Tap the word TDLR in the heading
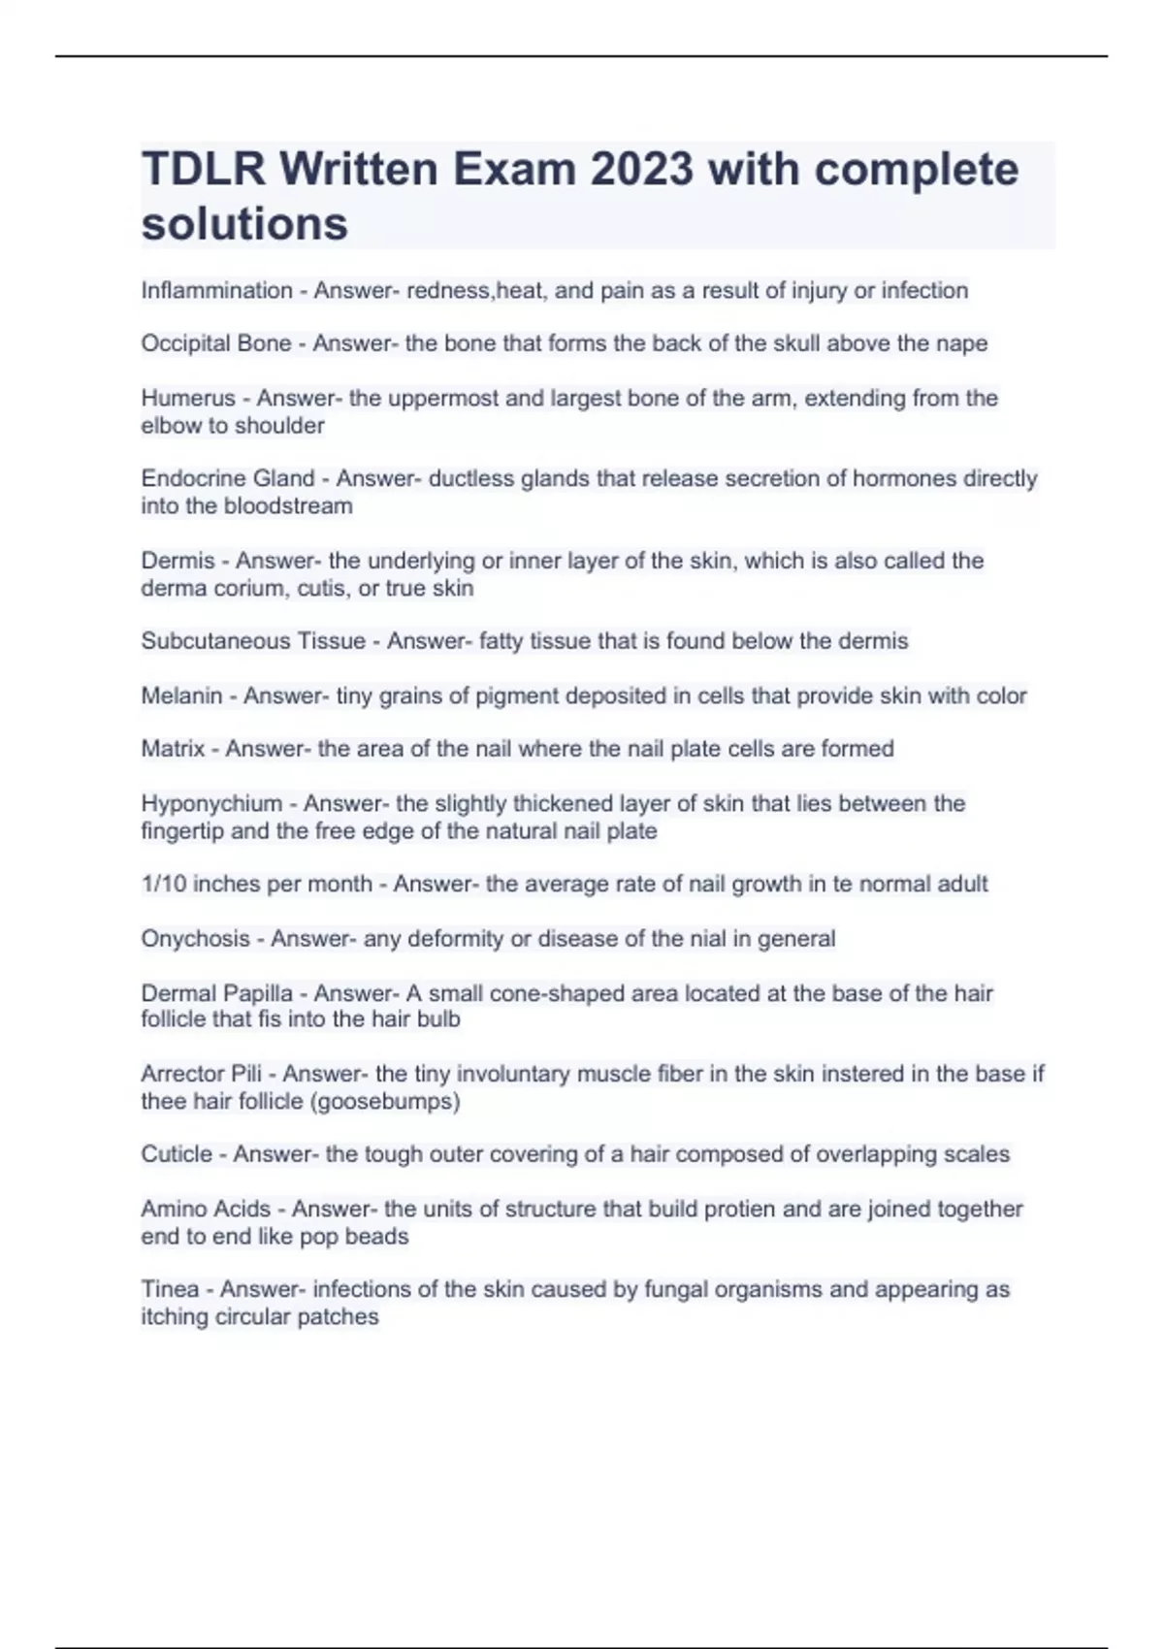point(203,170)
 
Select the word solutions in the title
point(244,224)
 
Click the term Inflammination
point(216,291)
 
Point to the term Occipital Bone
point(215,343)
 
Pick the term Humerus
point(188,398)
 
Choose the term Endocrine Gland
point(228,478)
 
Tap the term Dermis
point(178,561)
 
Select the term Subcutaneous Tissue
point(253,641)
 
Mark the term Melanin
point(181,695)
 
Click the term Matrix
point(173,749)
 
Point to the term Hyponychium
point(211,804)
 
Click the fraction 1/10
point(161,884)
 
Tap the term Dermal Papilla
point(216,993)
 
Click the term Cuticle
point(177,1154)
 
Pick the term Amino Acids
point(206,1210)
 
